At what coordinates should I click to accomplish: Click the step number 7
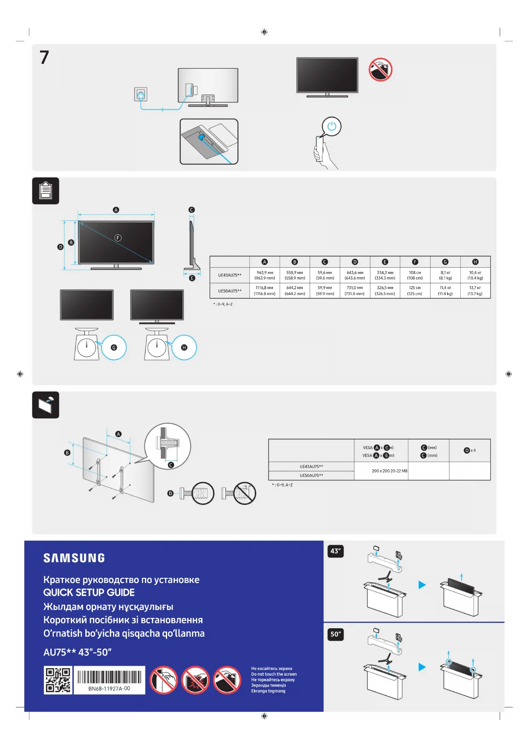[44, 57]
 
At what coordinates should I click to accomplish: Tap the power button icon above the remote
[332, 127]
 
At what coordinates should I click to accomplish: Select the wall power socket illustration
[141, 94]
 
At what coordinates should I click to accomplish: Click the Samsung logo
[74, 558]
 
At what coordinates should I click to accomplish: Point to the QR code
[58, 680]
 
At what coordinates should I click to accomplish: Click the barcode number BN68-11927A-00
[109, 688]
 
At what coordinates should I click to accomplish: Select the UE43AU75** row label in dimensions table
[230, 275]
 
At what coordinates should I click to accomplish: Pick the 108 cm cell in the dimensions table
[415, 275]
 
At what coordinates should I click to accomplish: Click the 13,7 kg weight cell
[475, 291]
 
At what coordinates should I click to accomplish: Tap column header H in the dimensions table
[475, 262]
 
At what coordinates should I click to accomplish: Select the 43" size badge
[335, 551]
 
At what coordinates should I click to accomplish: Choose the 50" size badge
[335, 634]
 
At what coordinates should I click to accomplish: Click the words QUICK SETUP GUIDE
[89, 592]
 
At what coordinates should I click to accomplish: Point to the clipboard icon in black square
[46, 191]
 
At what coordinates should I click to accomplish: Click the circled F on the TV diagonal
[118, 238]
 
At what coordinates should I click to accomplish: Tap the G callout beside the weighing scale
[114, 348]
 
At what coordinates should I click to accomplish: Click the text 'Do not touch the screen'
[274, 674]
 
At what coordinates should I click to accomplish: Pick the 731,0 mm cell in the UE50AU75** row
[355, 291]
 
